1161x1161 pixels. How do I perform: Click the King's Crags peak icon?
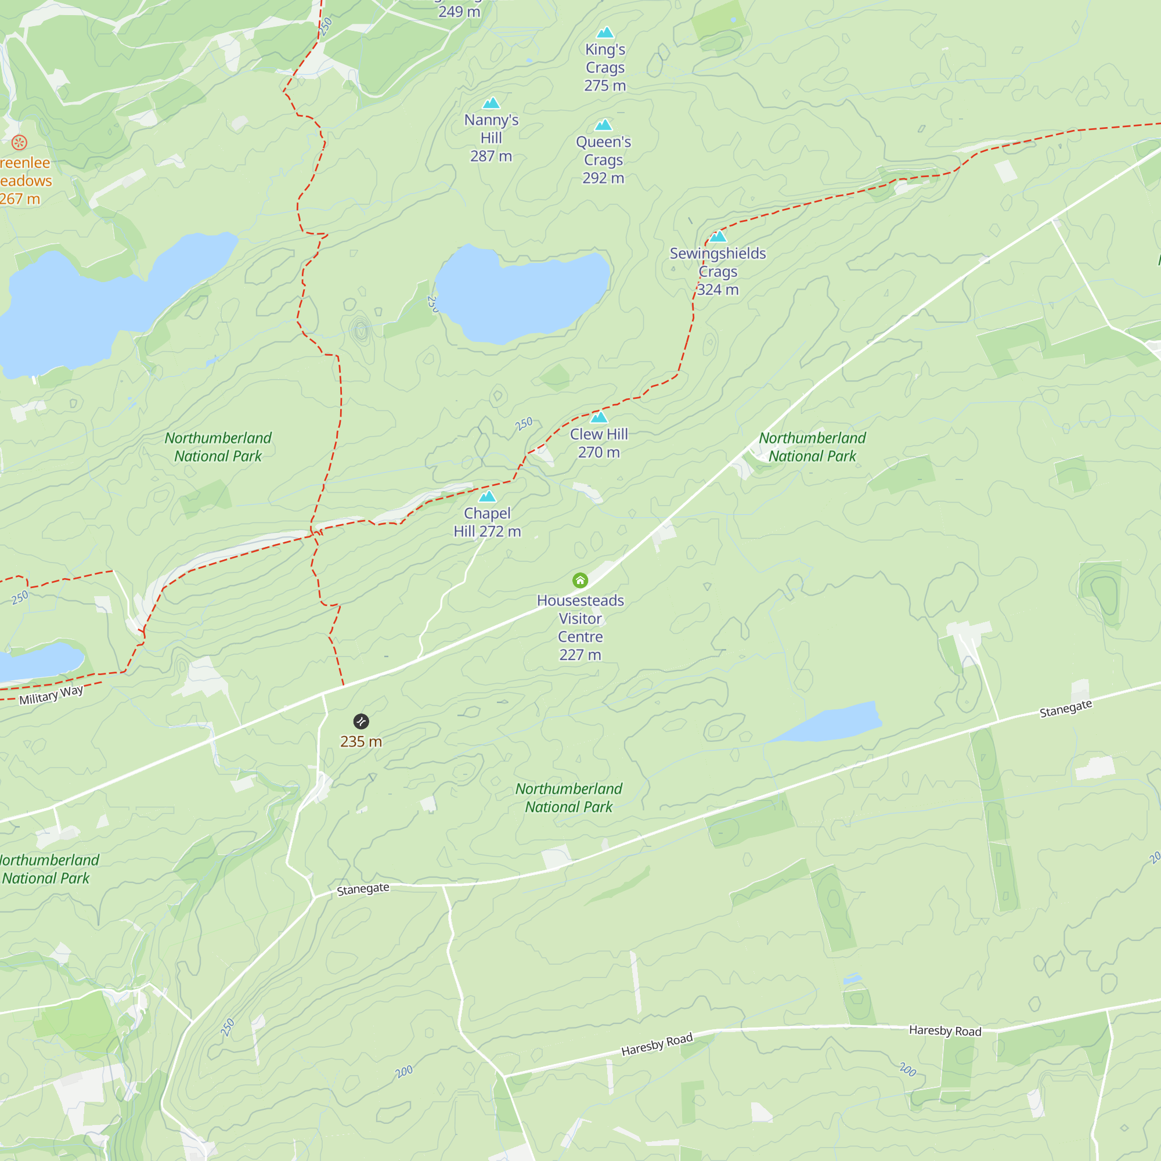(605, 33)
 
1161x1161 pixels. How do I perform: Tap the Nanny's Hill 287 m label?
(491, 138)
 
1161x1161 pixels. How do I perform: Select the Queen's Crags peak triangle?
(603, 125)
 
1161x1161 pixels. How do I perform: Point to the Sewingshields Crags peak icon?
(718, 236)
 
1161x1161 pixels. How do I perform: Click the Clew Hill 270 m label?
(598, 443)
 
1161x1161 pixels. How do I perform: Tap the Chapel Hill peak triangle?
(488, 496)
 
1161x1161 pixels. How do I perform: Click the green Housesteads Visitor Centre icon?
(580, 580)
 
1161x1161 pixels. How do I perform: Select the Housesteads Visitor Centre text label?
(580, 628)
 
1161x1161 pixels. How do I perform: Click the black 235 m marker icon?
(360, 721)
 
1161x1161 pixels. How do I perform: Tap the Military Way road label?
(51, 695)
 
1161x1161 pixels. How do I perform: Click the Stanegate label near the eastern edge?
(1065, 708)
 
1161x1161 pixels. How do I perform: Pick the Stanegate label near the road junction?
(363, 889)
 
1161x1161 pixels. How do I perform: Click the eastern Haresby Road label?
(944, 1030)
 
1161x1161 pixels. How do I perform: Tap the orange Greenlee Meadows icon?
(19, 142)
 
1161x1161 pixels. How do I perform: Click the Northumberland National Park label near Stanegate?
(568, 798)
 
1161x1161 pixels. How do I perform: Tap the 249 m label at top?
(459, 11)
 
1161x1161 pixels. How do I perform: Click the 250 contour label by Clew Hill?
(524, 424)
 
